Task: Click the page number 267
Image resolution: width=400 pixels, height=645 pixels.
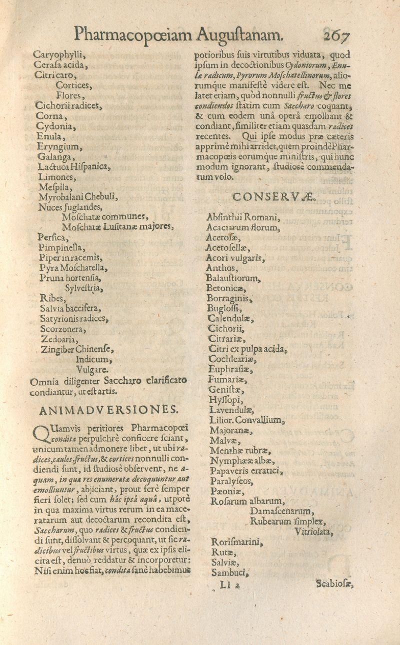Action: point(338,35)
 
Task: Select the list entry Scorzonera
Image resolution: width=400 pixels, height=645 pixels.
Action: point(64,329)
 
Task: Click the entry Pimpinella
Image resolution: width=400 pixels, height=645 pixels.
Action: point(61,247)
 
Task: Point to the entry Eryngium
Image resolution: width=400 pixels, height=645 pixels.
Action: point(59,146)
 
